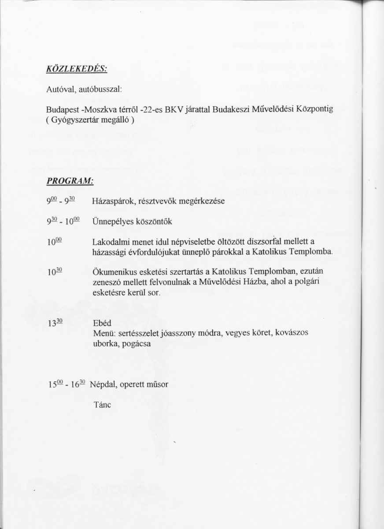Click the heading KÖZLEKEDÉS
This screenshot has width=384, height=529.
tap(77, 69)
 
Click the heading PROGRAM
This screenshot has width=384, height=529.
tap(70, 182)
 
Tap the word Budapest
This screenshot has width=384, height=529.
tap(60, 110)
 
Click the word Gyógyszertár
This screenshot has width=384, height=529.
tap(73, 120)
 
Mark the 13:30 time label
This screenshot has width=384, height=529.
tap(55, 323)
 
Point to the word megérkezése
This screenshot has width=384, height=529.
tap(203, 201)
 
